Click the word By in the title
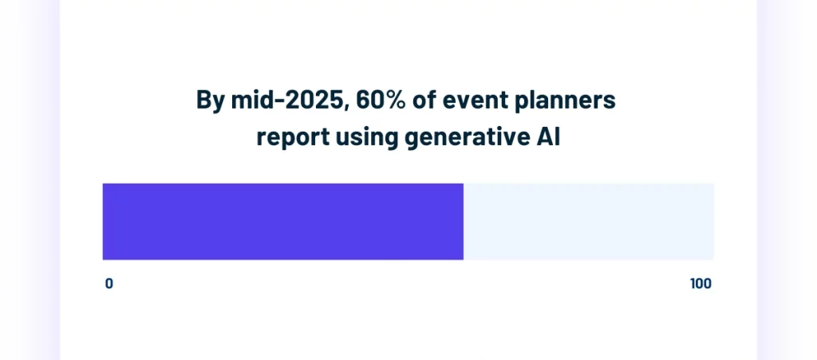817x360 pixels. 211,101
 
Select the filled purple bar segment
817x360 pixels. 282,221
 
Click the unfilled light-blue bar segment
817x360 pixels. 589,221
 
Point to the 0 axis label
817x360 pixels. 109,283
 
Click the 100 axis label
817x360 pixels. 701,283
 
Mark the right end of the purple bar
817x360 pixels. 462,221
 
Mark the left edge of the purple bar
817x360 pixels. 104,221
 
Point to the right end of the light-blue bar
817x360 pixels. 712,221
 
